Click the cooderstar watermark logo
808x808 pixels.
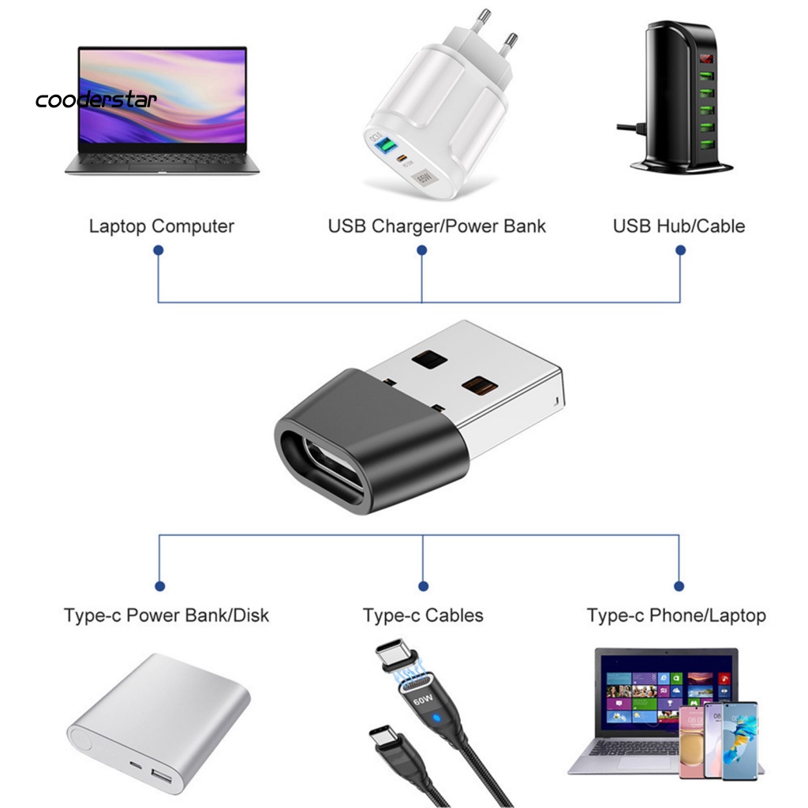coord(96,100)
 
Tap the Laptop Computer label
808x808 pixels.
coord(161,226)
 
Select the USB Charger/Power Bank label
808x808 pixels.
coord(436,226)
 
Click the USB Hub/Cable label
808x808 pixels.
coord(679,226)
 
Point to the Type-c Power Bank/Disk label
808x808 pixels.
coord(166,615)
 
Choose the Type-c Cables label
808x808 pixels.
coord(423,615)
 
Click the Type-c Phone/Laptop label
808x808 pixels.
coord(676,615)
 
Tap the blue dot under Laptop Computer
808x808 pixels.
coord(159,250)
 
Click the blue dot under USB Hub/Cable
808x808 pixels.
coord(680,250)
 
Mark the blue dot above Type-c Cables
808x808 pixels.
coord(423,586)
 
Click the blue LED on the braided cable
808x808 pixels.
coord(435,719)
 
